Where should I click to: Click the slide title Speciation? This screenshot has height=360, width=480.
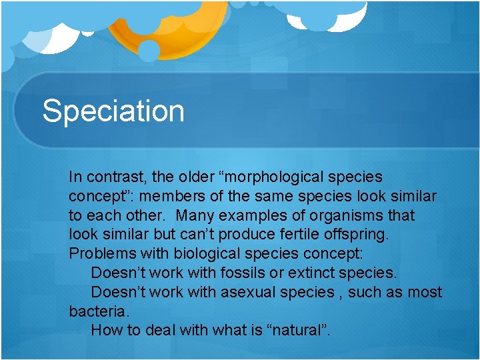[113, 111]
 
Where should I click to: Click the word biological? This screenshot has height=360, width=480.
[209, 254]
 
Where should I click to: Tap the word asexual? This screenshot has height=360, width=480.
[249, 292]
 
